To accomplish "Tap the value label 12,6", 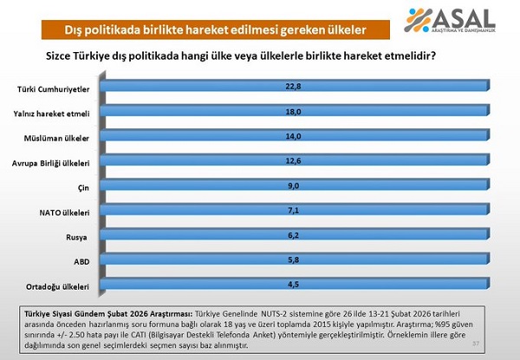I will (x=294, y=161).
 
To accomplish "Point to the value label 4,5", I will (x=294, y=283).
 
